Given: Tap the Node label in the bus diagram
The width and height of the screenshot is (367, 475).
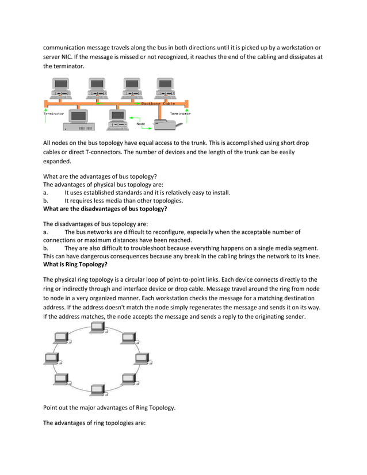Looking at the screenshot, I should (x=140, y=124).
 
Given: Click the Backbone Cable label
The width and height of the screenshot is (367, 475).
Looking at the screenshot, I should (x=158, y=104).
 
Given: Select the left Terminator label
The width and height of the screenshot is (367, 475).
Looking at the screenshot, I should (x=54, y=114).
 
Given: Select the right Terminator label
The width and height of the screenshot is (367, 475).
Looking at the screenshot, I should (x=180, y=114).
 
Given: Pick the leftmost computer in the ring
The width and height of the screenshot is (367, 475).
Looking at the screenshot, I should (x=51, y=359).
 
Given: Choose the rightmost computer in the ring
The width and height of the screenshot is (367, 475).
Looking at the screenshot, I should (x=142, y=359).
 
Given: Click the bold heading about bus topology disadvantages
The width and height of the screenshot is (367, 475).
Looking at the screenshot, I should (x=105, y=209).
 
